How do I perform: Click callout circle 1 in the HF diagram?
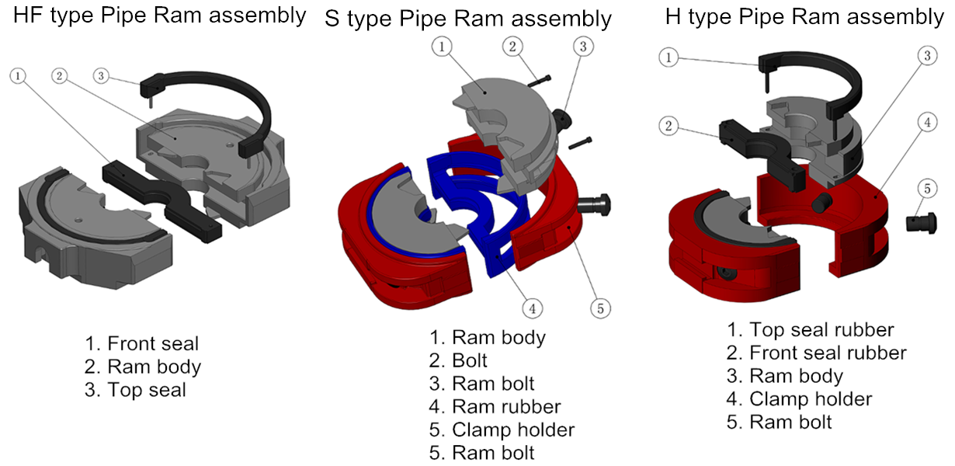[19, 76]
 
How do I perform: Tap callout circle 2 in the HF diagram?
[61, 76]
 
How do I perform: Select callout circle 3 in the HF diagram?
[101, 76]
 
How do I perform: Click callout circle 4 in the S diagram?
[531, 308]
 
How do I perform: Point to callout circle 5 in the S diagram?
[599, 308]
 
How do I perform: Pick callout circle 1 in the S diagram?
[441, 47]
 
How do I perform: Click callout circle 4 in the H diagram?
[925, 122]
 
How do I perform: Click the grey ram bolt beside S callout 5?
[594, 203]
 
